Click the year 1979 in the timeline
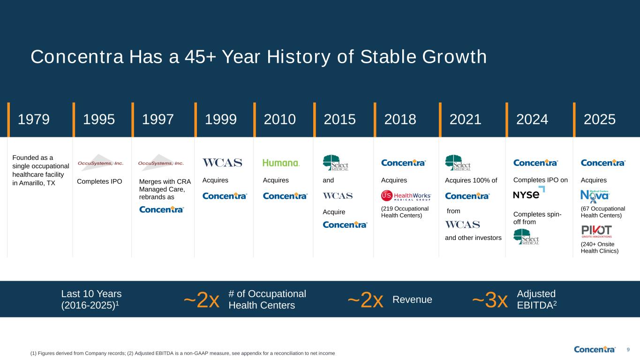click(34, 120)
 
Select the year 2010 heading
click(280, 120)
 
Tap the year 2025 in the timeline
click(599, 120)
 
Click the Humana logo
click(281, 163)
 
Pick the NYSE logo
click(529, 194)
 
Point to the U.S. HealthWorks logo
click(406, 196)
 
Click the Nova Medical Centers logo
click(595, 196)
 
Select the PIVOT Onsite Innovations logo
click(596, 232)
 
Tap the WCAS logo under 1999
click(222, 163)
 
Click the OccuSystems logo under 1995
click(100, 163)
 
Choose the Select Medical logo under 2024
click(526, 237)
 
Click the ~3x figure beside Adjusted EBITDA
click(489, 300)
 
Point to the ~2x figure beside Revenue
click(365, 300)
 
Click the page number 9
click(628, 350)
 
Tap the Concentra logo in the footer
click(595, 349)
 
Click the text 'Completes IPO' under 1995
click(99, 181)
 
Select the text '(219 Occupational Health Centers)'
click(405, 212)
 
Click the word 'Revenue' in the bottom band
click(412, 300)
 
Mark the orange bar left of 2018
click(375, 120)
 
